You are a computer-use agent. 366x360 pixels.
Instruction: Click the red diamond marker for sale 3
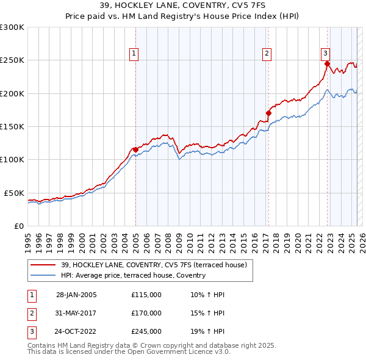(x=328, y=63)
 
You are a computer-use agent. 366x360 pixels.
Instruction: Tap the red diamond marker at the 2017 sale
(x=268, y=113)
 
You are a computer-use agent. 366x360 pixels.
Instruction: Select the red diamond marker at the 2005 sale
(x=135, y=149)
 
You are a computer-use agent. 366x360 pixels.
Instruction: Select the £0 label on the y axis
(x=19, y=226)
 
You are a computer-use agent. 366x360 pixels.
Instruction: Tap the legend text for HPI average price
(x=133, y=275)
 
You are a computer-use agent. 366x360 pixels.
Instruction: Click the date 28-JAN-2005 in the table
(x=76, y=295)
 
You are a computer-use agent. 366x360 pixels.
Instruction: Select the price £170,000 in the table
(x=146, y=313)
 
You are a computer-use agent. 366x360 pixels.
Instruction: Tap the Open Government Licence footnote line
(x=129, y=352)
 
